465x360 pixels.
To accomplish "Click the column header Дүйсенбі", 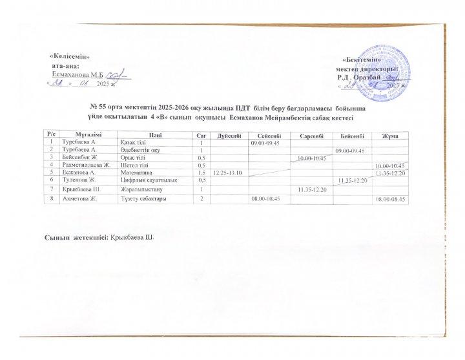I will [230, 134].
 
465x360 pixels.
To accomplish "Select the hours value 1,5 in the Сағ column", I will [201, 173].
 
